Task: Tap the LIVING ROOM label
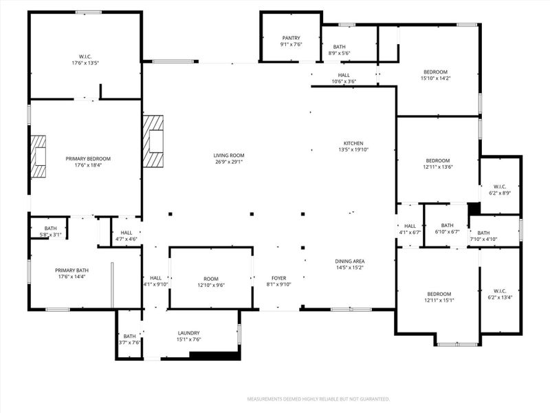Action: (x=229, y=156)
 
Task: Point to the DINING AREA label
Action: (x=349, y=261)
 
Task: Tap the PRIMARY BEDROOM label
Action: (x=88, y=158)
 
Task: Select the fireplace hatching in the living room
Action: (x=154, y=141)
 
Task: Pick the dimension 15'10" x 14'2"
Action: (x=435, y=78)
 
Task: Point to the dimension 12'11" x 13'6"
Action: (x=437, y=167)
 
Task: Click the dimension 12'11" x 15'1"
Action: (x=438, y=299)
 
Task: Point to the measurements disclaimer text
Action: (x=318, y=399)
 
